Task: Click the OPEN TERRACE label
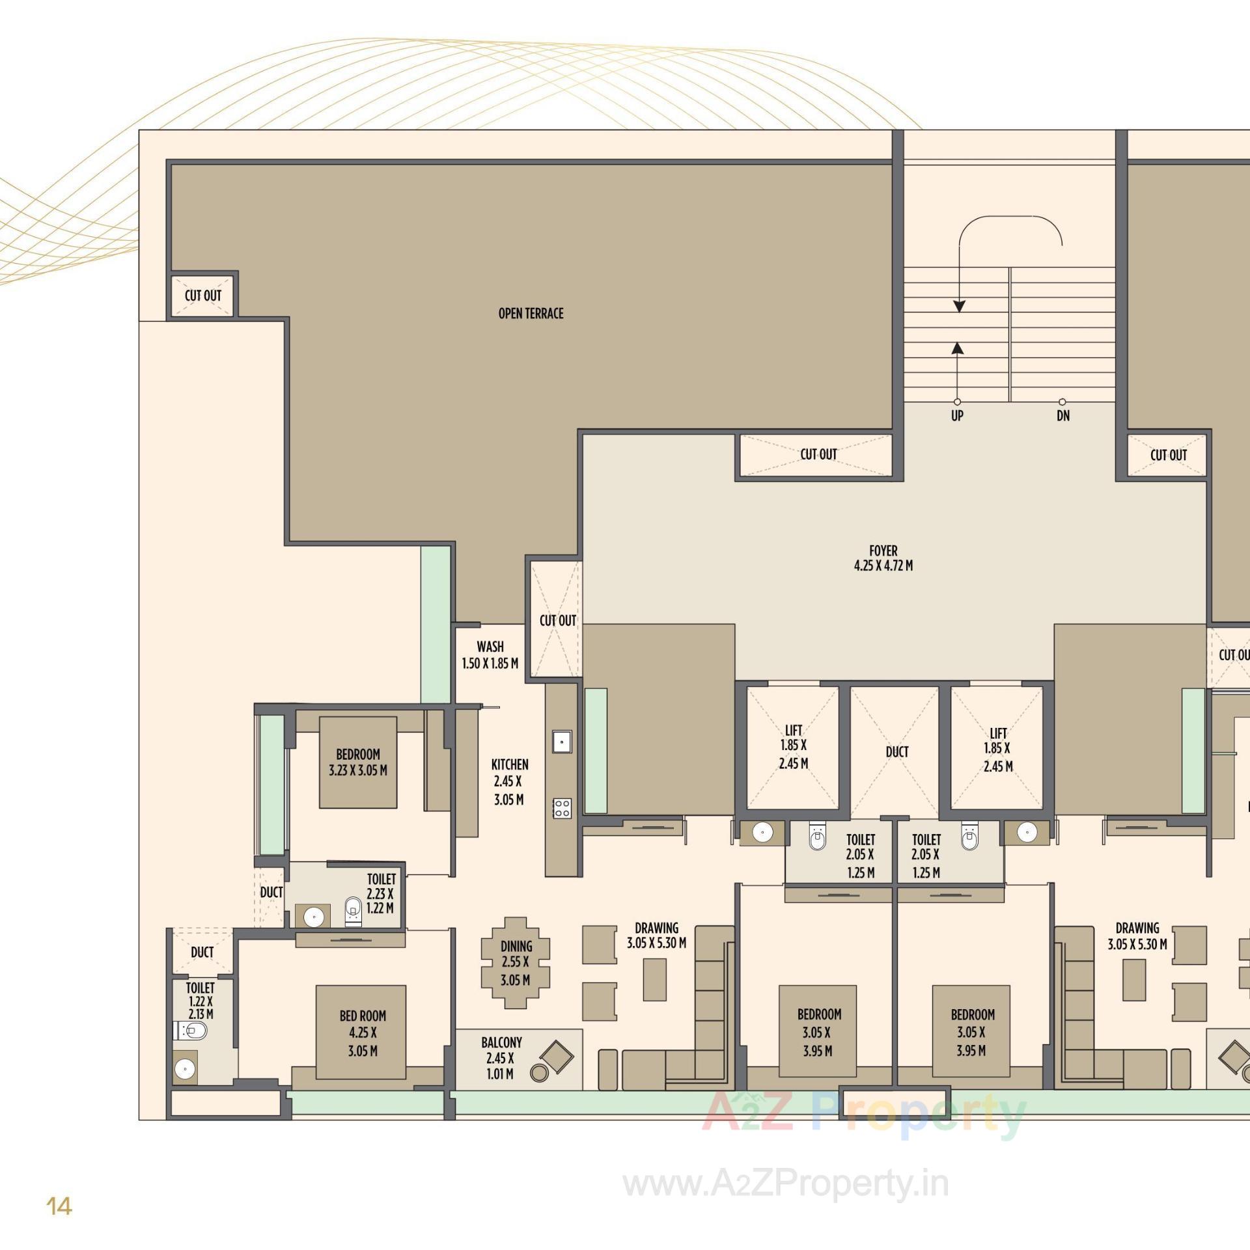[531, 314]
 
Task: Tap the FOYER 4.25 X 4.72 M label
[883, 559]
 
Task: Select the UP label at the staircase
[956, 416]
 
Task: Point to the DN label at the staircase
[1062, 416]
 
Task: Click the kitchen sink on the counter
[561, 741]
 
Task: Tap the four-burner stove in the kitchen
[562, 808]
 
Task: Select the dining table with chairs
[516, 963]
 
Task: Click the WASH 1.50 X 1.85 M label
[490, 655]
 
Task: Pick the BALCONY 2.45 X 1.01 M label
[500, 1058]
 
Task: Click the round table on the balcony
[539, 1072]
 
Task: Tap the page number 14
[59, 1206]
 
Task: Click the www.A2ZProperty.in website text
[786, 1184]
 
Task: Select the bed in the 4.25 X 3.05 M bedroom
[361, 1033]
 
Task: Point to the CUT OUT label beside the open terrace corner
[203, 296]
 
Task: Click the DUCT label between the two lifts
[896, 752]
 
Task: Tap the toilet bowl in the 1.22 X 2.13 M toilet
[193, 1031]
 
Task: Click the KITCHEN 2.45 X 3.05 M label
[509, 781]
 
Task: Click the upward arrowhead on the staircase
[957, 349]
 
